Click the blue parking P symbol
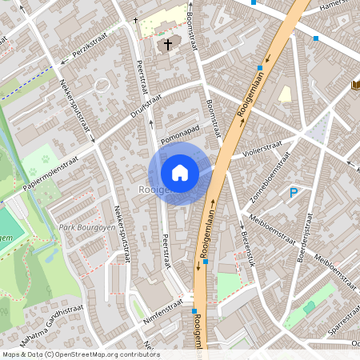point(294,193)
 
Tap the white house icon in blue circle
point(180,173)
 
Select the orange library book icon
point(354,85)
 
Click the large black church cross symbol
point(168,44)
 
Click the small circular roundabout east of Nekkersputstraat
point(102,84)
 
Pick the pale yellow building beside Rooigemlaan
point(286,94)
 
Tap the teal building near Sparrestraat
point(310,308)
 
